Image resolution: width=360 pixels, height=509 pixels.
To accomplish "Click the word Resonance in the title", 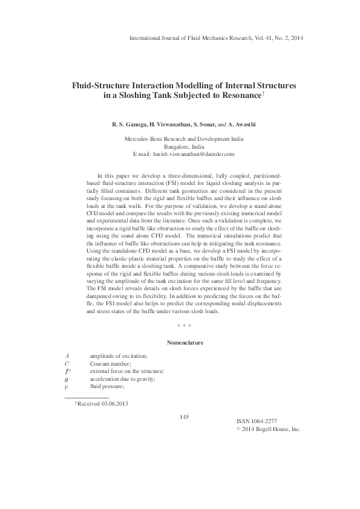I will [239, 96].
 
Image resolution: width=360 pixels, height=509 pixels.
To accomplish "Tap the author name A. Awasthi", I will [241, 125].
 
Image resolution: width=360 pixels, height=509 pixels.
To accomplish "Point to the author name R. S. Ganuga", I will [128, 125].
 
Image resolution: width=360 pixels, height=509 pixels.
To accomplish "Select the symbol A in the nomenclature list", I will [67, 357].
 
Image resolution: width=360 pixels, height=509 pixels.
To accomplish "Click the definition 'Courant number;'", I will [111, 364].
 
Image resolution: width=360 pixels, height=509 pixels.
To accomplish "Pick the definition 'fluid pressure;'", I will [107, 386].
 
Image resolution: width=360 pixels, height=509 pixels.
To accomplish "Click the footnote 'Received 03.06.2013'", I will [103, 404].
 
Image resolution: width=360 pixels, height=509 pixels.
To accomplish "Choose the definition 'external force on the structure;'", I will [126, 371].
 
